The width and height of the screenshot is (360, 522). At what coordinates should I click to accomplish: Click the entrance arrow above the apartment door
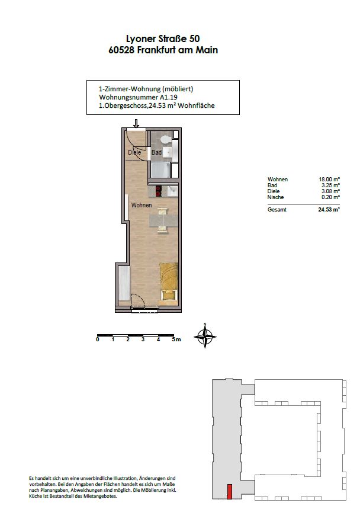[x=136, y=123]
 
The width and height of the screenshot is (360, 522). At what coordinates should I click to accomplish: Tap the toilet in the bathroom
[x=165, y=139]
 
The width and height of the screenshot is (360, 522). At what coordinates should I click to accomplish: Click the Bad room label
[x=157, y=152]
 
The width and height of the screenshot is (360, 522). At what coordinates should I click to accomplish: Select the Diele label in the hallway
[x=134, y=152]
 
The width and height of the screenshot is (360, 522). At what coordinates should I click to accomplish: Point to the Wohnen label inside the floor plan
[x=142, y=205]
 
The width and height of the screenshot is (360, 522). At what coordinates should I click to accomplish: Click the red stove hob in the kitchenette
[x=159, y=191]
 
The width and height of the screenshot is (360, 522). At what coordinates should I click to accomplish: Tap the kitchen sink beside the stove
[x=173, y=191]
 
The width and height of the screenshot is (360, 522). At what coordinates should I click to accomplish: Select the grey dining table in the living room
[x=162, y=220]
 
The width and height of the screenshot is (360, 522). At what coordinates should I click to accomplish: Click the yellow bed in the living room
[x=169, y=282]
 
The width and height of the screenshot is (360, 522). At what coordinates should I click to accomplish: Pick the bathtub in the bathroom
[x=161, y=170]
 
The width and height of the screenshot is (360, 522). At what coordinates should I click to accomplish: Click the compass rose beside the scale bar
[x=205, y=337]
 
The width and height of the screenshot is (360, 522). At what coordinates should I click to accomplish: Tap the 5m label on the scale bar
[x=176, y=340]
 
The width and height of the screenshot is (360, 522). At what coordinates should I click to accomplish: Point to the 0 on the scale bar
[x=98, y=340]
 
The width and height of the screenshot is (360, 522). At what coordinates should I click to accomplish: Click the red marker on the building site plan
[x=229, y=492]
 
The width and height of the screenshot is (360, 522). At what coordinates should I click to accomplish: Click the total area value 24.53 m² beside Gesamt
[x=329, y=210]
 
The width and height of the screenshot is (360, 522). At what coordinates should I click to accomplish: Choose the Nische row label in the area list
[x=275, y=197]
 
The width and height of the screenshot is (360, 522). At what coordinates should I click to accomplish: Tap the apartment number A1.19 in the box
[x=168, y=98]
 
